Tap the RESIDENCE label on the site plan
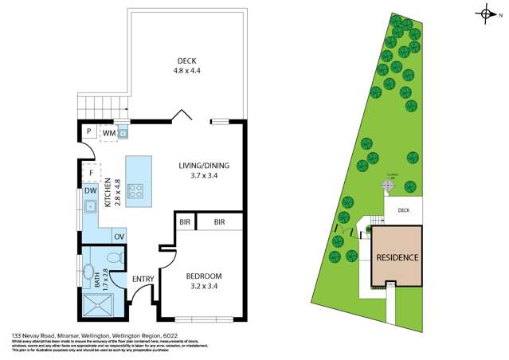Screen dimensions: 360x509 (x=397, y=258)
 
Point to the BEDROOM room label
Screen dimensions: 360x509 (x=203, y=276)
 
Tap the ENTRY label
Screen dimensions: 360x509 (x=143, y=279)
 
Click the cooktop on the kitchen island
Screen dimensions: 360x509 (x=136, y=191)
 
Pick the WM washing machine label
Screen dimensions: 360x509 (x=108, y=132)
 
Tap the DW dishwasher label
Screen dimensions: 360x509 (x=91, y=191)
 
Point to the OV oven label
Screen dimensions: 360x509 (x=119, y=237)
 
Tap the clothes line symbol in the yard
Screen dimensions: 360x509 (x=387, y=185)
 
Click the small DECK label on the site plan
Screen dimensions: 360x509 (x=403, y=211)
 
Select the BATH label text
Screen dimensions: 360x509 (x=97, y=279)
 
